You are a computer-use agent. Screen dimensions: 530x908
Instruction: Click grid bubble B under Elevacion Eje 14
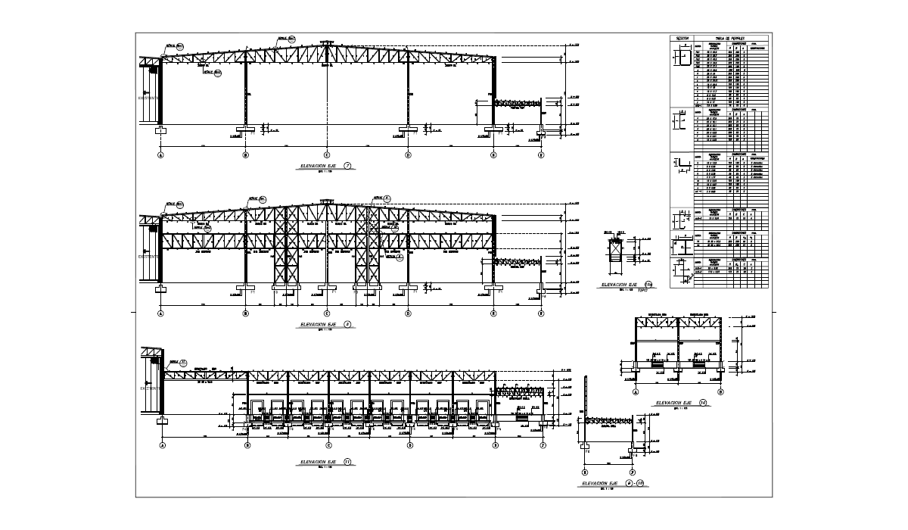point(720,392)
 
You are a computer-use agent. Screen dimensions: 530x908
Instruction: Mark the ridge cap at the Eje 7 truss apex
point(326,42)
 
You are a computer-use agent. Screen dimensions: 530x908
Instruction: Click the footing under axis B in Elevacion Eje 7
point(245,129)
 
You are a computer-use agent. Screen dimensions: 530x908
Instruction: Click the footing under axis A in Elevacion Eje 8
point(161,288)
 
